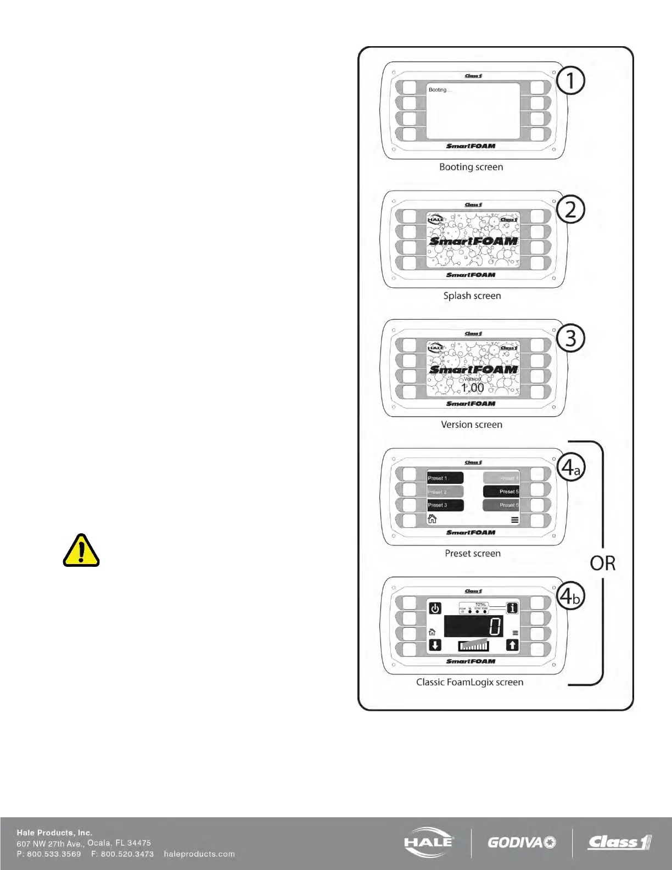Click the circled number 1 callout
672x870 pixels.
pos(570,81)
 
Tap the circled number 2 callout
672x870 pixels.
pos(570,210)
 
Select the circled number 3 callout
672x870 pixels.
pos(570,338)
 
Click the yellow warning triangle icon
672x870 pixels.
pos(81,550)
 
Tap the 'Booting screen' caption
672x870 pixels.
pos(471,167)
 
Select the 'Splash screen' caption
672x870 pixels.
pos(472,295)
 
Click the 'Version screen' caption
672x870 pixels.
pos(472,425)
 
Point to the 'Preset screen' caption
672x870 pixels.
pos(473,553)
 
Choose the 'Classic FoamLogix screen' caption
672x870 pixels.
pos(469,682)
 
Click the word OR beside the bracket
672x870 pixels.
pos(603,564)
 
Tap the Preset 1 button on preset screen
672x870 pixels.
pos(445,478)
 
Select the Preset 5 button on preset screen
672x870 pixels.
pos(501,492)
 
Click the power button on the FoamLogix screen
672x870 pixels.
pos(435,609)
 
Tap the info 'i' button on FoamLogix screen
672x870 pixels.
pos(512,608)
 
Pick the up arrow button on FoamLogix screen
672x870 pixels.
pos(512,645)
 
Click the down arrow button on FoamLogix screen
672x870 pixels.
pos(435,645)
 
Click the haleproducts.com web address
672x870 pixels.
pos(199,854)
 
